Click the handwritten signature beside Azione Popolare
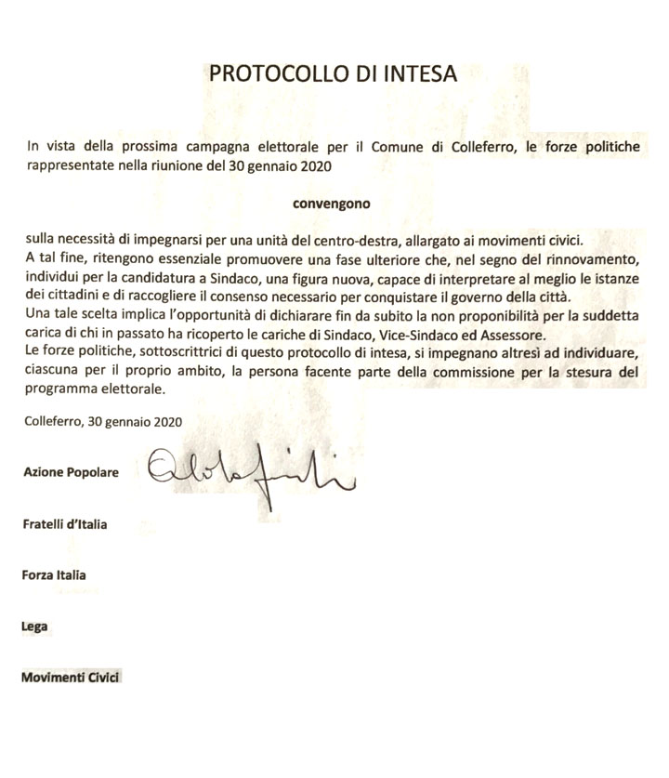[251, 469]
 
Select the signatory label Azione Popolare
[71, 472]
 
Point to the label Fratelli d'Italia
[64, 524]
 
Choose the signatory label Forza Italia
[54, 575]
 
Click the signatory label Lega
[34, 626]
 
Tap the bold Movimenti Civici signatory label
[72, 678]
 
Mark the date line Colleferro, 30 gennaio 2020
[104, 421]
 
